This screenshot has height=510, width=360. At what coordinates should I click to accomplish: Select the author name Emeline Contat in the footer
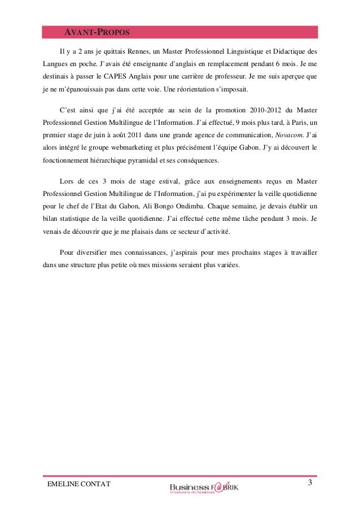pyautogui.click(x=72, y=484)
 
